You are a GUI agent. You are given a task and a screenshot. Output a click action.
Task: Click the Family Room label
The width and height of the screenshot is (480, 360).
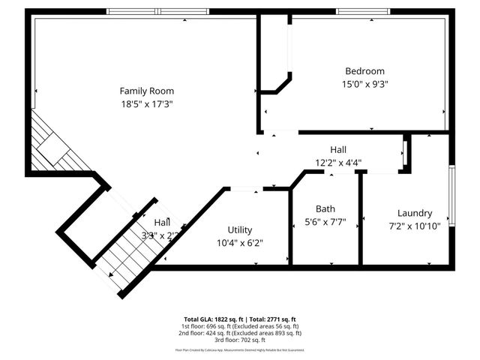[x=147, y=91]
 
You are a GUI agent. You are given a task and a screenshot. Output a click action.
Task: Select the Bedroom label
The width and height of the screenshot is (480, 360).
[x=364, y=71]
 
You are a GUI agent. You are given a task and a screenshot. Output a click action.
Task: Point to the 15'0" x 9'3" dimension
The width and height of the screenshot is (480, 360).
[x=364, y=85]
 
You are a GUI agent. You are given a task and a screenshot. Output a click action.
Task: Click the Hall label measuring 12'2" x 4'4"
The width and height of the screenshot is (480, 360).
[x=338, y=149]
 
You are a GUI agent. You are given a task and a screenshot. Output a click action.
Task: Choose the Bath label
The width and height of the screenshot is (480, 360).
[x=325, y=208]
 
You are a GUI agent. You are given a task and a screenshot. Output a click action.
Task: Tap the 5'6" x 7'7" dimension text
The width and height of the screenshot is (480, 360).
[x=325, y=222]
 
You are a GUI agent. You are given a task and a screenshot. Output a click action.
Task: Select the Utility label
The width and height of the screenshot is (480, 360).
[x=240, y=229]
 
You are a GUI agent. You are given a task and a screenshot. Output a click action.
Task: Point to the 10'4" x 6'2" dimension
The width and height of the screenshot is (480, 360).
[x=240, y=242]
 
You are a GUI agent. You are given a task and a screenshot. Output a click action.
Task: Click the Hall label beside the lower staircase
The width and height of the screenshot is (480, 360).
[x=162, y=223]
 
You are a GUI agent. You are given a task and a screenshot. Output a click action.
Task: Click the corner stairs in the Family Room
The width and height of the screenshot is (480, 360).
[x=56, y=146]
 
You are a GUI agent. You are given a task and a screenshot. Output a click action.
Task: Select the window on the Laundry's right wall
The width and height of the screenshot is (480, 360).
[x=451, y=191]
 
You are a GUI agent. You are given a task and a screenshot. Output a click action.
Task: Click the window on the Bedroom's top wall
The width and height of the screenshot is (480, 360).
[x=363, y=11]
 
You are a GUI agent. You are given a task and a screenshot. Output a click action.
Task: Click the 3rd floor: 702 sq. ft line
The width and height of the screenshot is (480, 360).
[x=240, y=340]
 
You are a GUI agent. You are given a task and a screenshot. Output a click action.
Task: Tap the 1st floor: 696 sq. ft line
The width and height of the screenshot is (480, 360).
[x=240, y=326]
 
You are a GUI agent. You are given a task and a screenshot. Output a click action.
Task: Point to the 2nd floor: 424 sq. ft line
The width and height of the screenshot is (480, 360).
[x=240, y=333]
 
